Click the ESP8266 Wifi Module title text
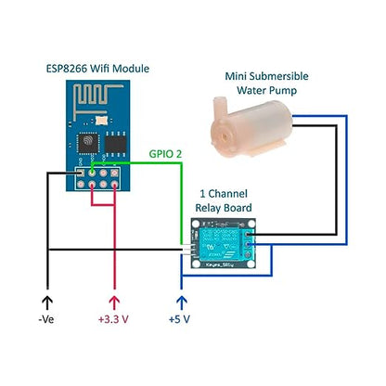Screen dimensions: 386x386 [x=97, y=69]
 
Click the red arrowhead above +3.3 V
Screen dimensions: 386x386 [x=115, y=301]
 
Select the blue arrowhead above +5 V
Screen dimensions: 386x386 [x=182, y=301]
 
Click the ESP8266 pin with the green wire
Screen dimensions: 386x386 [x=93, y=172]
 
